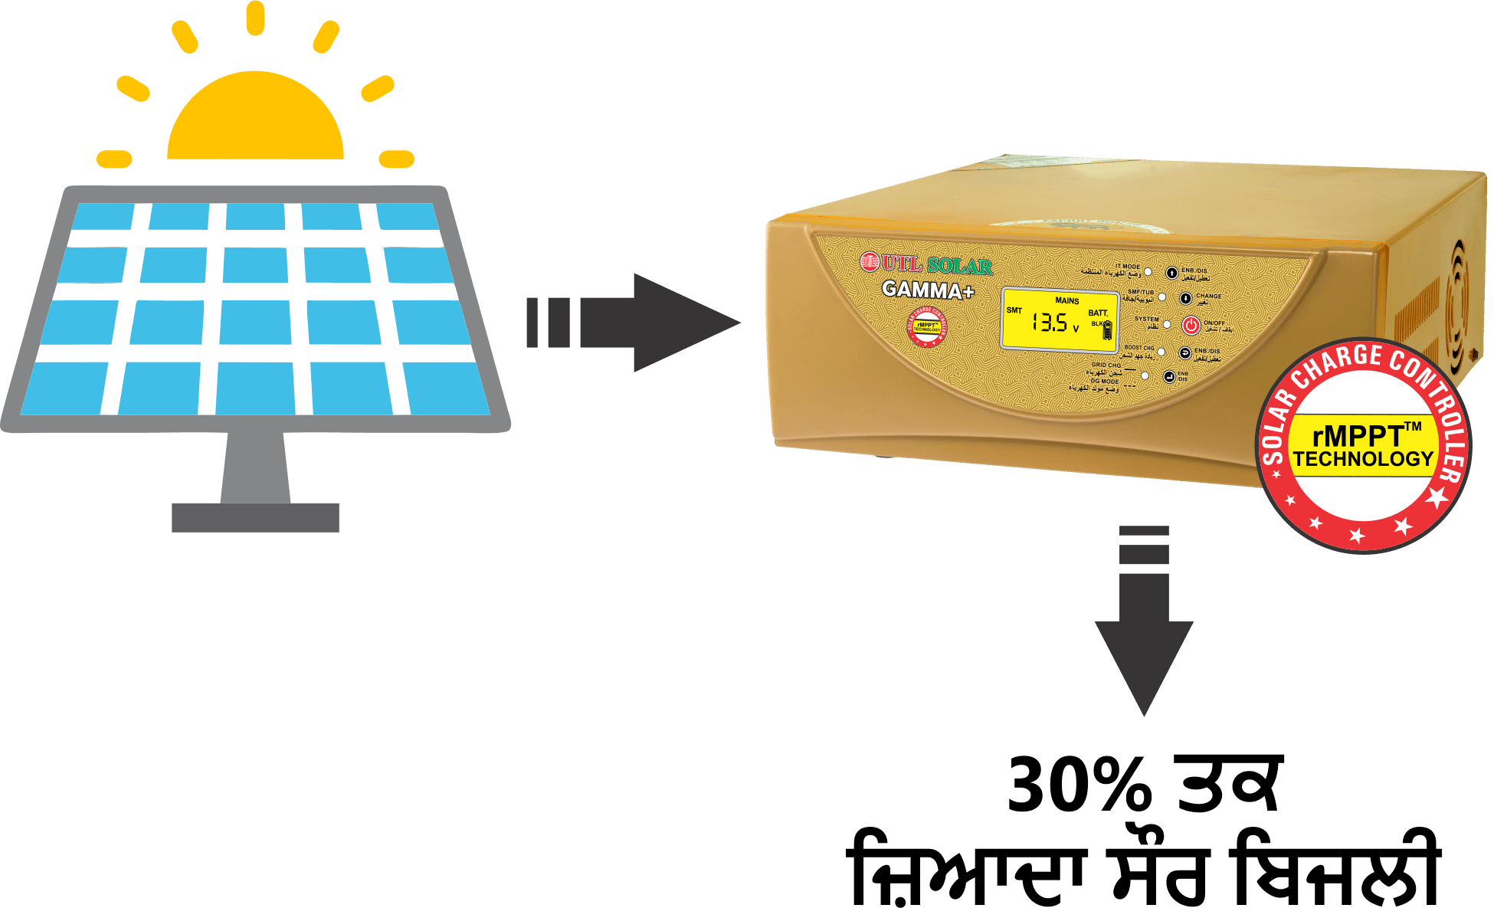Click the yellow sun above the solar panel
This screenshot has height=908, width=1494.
(255, 119)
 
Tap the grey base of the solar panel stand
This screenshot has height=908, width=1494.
(255, 517)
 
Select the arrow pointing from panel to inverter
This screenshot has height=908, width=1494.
(636, 323)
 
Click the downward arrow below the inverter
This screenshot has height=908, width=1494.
(1144, 628)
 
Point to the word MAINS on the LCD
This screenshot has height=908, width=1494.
(1066, 300)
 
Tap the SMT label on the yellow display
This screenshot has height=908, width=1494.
(1014, 310)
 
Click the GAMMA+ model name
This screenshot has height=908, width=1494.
(927, 290)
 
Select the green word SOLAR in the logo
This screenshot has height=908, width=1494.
(959, 266)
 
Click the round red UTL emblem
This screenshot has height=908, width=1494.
(869, 263)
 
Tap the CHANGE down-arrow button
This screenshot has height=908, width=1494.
(1185, 298)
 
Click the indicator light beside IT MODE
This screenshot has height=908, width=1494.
(1148, 271)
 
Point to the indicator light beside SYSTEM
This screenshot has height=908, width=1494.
(1167, 324)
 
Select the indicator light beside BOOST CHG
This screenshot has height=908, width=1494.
(1161, 352)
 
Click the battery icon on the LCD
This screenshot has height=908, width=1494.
(1107, 331)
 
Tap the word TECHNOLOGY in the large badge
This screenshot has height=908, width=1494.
(1363, 459)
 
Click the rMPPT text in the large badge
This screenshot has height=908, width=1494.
(1358, 436)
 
